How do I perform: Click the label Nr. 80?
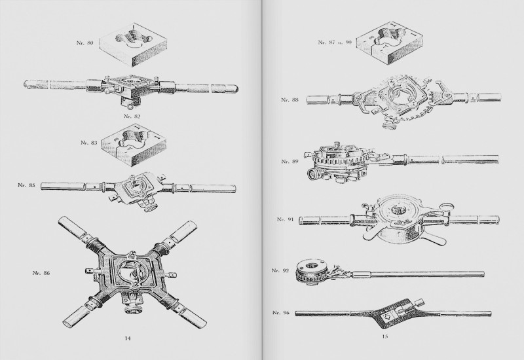pos(85,43)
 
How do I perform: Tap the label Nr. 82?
pos(132,117)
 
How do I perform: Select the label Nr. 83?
pos(89,143)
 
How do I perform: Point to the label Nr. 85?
pos(26,185)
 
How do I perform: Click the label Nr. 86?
pos(41,273)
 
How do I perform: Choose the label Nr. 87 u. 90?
pos(335,43)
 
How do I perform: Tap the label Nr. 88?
pos(290,99)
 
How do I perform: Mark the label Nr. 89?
pos(290,161)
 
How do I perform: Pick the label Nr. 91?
pos(286,219)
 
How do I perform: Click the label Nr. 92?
pos(280,270)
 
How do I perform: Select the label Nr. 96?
pos(281,313)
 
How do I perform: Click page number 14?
pos(128,338)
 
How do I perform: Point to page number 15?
pos(384,336)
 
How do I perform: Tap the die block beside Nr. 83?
pos(134,143)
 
